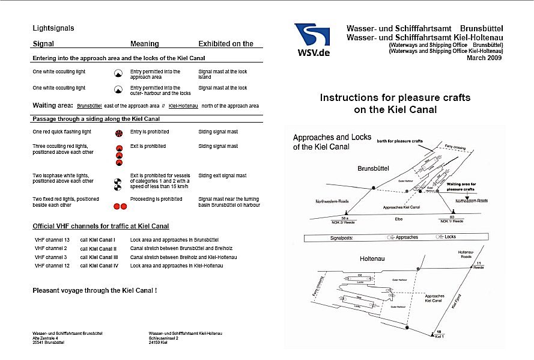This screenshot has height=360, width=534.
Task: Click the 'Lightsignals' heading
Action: point(53,28)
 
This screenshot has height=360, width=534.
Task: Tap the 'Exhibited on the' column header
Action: point(226,44)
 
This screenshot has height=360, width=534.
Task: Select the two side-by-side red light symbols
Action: point(120,206)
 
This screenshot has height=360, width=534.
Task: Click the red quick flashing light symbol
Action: point(119,132)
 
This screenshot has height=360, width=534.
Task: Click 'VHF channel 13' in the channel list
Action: point(52,240)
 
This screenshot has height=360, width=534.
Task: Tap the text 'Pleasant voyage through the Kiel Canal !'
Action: point(94,290)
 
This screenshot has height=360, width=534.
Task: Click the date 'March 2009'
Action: point(485,58)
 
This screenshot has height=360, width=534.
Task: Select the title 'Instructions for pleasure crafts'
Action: point(395,97)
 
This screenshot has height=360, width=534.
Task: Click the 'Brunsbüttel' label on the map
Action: point(374,169)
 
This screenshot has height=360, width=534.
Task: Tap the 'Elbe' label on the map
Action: point(399,219)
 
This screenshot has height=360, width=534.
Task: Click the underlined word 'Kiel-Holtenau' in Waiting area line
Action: point(183,106)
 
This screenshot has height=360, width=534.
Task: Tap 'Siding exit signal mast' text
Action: point(222,175)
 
